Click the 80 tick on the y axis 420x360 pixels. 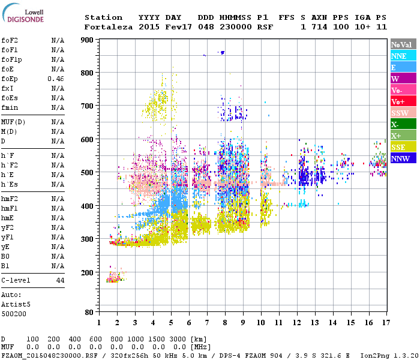[88, 313]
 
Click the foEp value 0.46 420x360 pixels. [56, 79]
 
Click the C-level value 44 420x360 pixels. [60, 280]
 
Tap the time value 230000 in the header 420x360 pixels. [235, 27]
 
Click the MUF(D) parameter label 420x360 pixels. [13, 122]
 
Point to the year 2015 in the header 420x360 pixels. [149, 27]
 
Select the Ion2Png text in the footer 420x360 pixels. [375, 355]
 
